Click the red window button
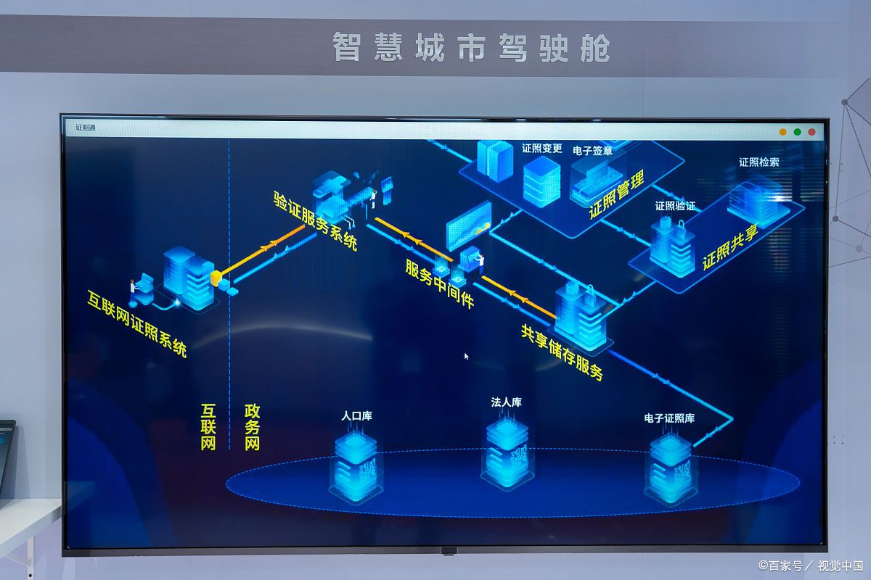pyautogui.click(x=812, y=132)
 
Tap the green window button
pyautogui.click(x=798, y=132)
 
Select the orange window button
pyautogui.click(x=783, y=132)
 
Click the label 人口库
pyautogui.click(x=356, y=416)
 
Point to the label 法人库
pyautogui.click(x=507, y=402)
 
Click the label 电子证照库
pyautogui.click(x=669, y=418)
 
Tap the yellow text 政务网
pyautogui.click(x=252, y=427)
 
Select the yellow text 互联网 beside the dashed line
pyautogui.click(x=208, y=427)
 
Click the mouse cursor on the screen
pyautogui.click(x=466, y=356)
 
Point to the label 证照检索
pyautogui.click(x=759, y=162)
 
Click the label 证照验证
pyautogui.click(x=675, y=206)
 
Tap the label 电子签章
pyautogui.click(x=592, y=151)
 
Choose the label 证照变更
pyautogui.click(x=542, y=149)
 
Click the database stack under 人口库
pyautogui.click(x=356, y=468)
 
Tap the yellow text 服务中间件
pyautogui.click(x=439, y=284)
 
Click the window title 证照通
pyautogui.click(x=85, y=128)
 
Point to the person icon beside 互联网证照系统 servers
pyautogui.click(x=134, y=291)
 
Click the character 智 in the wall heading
pyautogui.click(x=347, y=47)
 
